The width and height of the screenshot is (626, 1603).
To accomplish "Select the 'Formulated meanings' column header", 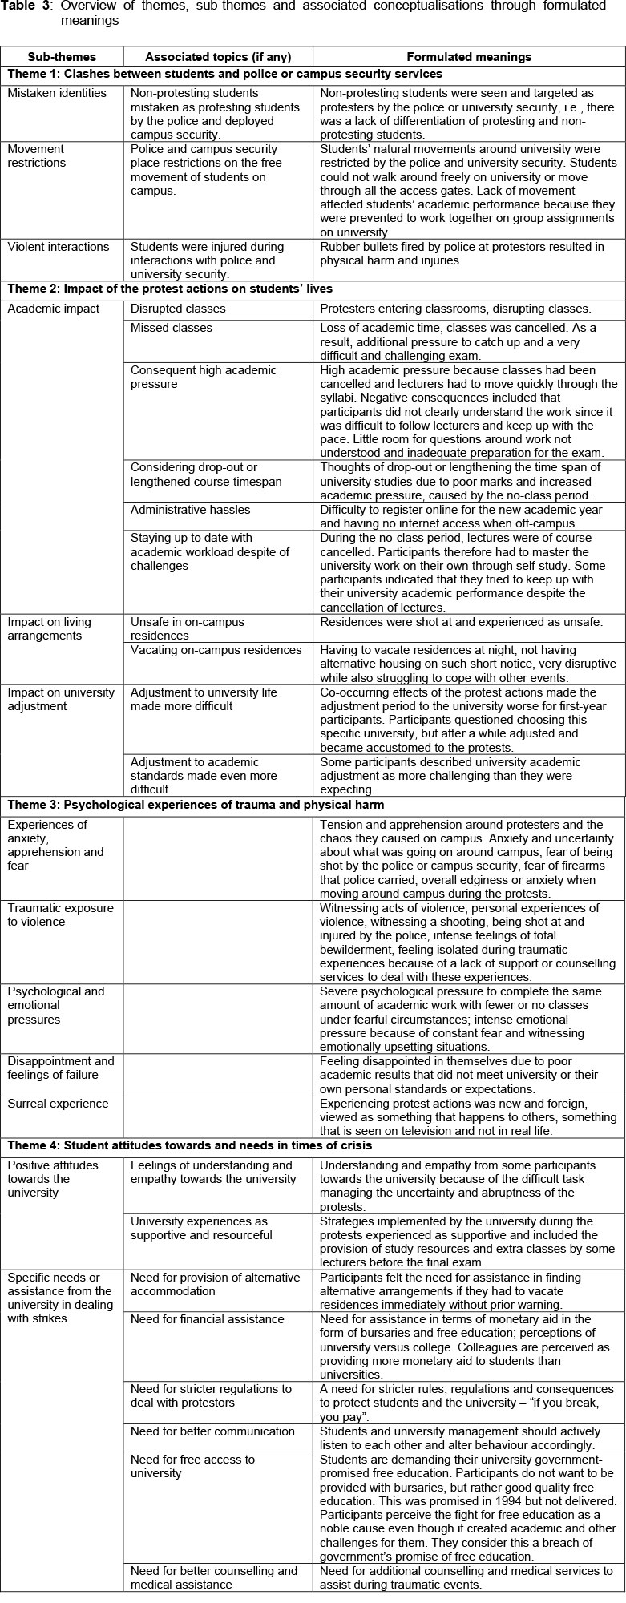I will (469, 57).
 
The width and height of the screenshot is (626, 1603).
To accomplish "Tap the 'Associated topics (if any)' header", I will (218, 57).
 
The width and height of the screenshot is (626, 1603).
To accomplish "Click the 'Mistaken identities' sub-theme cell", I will (57, 93).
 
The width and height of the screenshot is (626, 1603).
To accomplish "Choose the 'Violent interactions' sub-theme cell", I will (58, 247).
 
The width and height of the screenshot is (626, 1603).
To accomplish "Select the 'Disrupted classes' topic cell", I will (178, 309).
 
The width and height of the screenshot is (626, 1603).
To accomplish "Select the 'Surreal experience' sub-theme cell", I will (58, 1104).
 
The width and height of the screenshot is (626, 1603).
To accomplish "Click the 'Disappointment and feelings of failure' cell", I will (61, 1068).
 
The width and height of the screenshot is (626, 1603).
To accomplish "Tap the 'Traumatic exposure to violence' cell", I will (61, 915).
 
